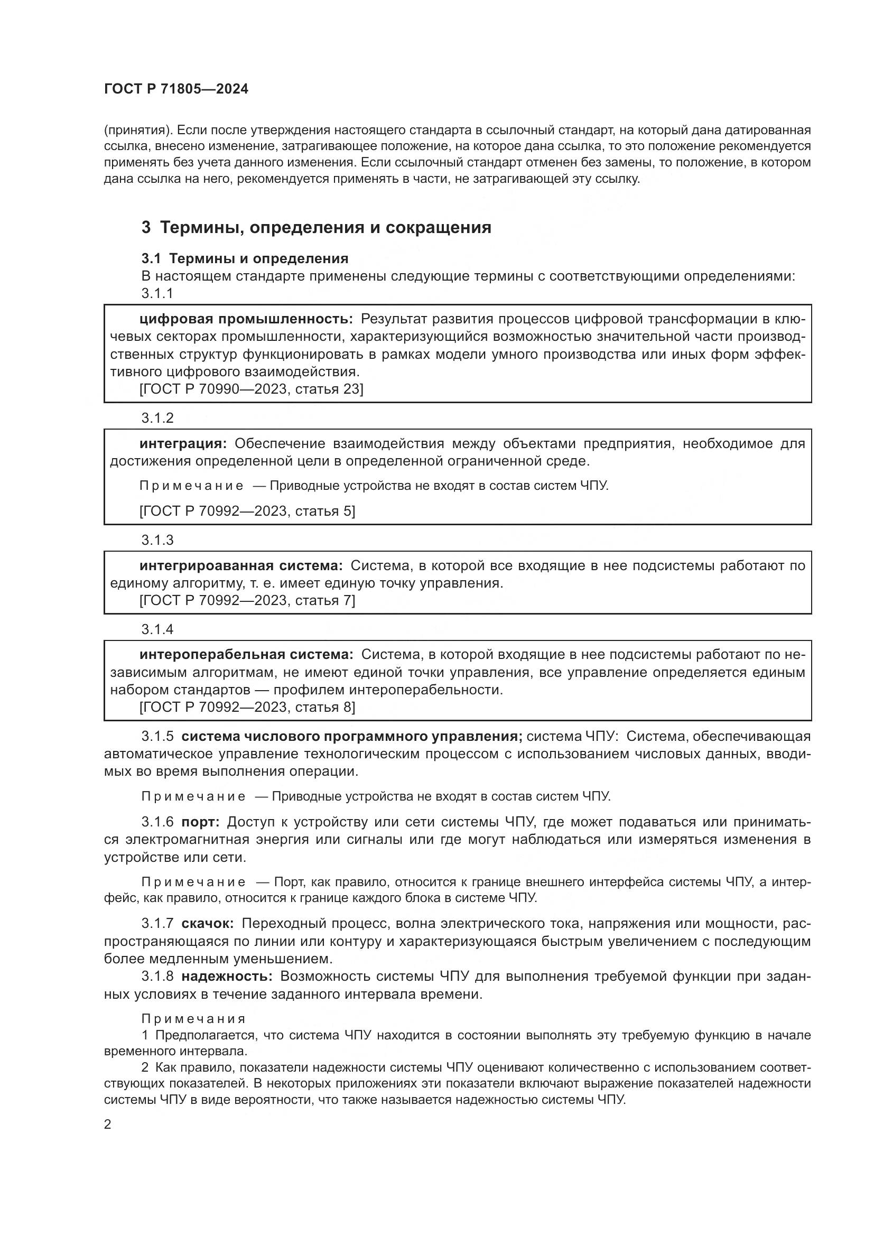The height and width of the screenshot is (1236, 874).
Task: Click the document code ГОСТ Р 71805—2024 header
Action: (176, 89)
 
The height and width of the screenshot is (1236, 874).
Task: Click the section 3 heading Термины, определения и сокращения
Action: (317, 228)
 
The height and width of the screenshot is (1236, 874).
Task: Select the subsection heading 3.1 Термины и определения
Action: (245, 259)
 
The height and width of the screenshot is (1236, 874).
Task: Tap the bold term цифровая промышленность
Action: (246, 319)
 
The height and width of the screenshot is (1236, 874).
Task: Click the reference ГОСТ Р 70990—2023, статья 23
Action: (252, 389)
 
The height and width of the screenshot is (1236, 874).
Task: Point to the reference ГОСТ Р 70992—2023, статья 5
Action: (247, 511)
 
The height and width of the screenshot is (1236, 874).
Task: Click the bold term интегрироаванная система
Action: (240, 566)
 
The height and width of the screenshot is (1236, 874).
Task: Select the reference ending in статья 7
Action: (247, 600)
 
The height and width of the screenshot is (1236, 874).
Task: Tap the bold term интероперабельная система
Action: (246, 655)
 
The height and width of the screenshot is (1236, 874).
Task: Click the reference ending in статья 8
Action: (247, 707)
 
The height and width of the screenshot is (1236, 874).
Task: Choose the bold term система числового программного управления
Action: (352, 737)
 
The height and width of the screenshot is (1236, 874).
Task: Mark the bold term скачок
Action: (207, 924)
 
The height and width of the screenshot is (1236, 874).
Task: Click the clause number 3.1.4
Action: (157, 629)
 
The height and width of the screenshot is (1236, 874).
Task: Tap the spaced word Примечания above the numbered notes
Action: (193, 1019)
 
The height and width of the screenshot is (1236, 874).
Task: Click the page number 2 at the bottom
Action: (108, 1125)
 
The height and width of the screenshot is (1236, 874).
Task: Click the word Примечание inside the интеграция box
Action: (191, 486)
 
